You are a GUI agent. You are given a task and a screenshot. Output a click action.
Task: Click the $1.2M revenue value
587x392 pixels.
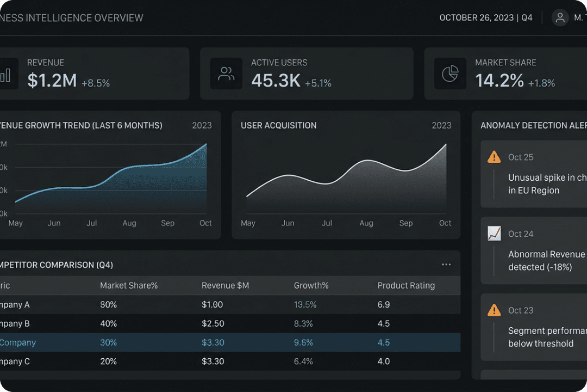click(x=52, y=81)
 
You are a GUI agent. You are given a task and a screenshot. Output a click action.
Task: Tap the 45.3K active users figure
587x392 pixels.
click(x=276, y=81)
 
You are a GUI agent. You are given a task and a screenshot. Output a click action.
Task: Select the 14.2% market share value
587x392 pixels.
click(x=499, y=81)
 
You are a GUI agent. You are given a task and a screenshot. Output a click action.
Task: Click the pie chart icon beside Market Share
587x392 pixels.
click(x=450, y=73)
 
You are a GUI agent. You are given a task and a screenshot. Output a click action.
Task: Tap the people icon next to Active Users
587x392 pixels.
click(x=226, y=73)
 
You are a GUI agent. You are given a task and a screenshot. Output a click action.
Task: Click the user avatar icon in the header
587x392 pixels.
click(x=560, y=17)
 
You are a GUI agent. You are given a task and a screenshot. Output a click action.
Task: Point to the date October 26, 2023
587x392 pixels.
click(x=477, y=17)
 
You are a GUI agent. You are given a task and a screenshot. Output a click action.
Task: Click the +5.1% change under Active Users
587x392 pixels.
click(x=318, y=83)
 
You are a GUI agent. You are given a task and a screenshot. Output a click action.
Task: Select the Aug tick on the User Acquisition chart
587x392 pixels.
click(x=366, y=223)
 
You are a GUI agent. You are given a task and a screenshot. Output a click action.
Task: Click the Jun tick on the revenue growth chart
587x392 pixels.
click(x=54, y=223)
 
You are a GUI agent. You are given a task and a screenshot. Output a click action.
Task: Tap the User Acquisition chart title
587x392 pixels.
click(x=278, y=125)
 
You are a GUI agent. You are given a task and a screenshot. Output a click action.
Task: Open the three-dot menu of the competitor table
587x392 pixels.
click(x=446, y=265)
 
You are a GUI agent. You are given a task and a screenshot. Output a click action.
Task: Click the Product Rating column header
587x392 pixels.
click(x=406, y=285)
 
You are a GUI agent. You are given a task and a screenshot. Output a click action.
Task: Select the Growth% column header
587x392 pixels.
click(x=311, y=285)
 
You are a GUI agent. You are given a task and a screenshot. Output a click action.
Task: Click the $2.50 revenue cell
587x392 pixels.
click(x=213, y=323)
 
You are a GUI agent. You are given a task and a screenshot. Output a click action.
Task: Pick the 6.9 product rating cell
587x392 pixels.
click(x=384, y=304)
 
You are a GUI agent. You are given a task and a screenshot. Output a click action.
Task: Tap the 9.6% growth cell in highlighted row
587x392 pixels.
click(x=303, y=342)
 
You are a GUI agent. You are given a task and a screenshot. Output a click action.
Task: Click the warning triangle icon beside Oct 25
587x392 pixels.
click(x=494, y=157)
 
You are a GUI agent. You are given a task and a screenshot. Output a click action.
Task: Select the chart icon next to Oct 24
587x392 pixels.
click(x=494, y=234)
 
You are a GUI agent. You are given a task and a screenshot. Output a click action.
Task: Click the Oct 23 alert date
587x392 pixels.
click(x=521, y=310)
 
